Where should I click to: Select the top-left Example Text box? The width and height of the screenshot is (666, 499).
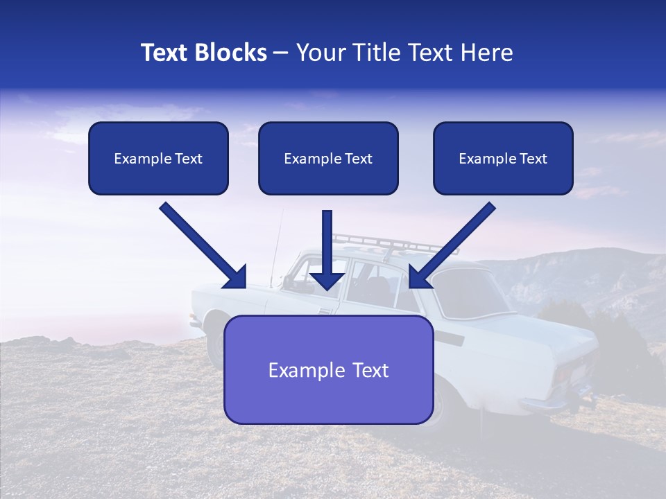point(158,158)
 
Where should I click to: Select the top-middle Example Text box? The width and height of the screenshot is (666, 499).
point(328,158)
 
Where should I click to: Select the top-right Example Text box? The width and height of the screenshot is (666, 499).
point(503,158)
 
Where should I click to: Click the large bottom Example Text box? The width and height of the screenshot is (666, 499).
point(328,370)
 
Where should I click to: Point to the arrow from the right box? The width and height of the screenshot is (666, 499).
point(452,245)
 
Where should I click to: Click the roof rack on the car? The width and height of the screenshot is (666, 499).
point(388,242)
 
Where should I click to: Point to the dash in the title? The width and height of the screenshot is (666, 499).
point(281,53)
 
